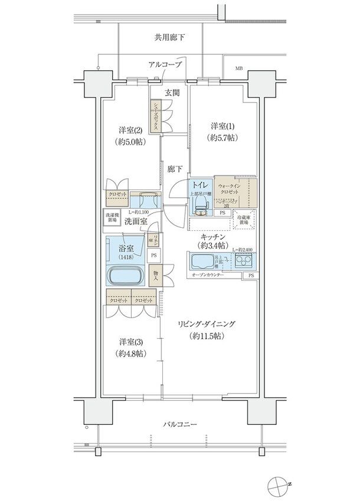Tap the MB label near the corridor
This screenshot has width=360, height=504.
coord(239,68)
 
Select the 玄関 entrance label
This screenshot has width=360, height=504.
coord(172,93)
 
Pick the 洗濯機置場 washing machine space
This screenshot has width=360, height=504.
coord(112,216)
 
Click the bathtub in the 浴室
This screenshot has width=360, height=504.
coord(125,275)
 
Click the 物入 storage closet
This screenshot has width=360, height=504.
coord(155,276)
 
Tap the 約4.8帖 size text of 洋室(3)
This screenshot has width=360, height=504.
coord(132,353)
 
